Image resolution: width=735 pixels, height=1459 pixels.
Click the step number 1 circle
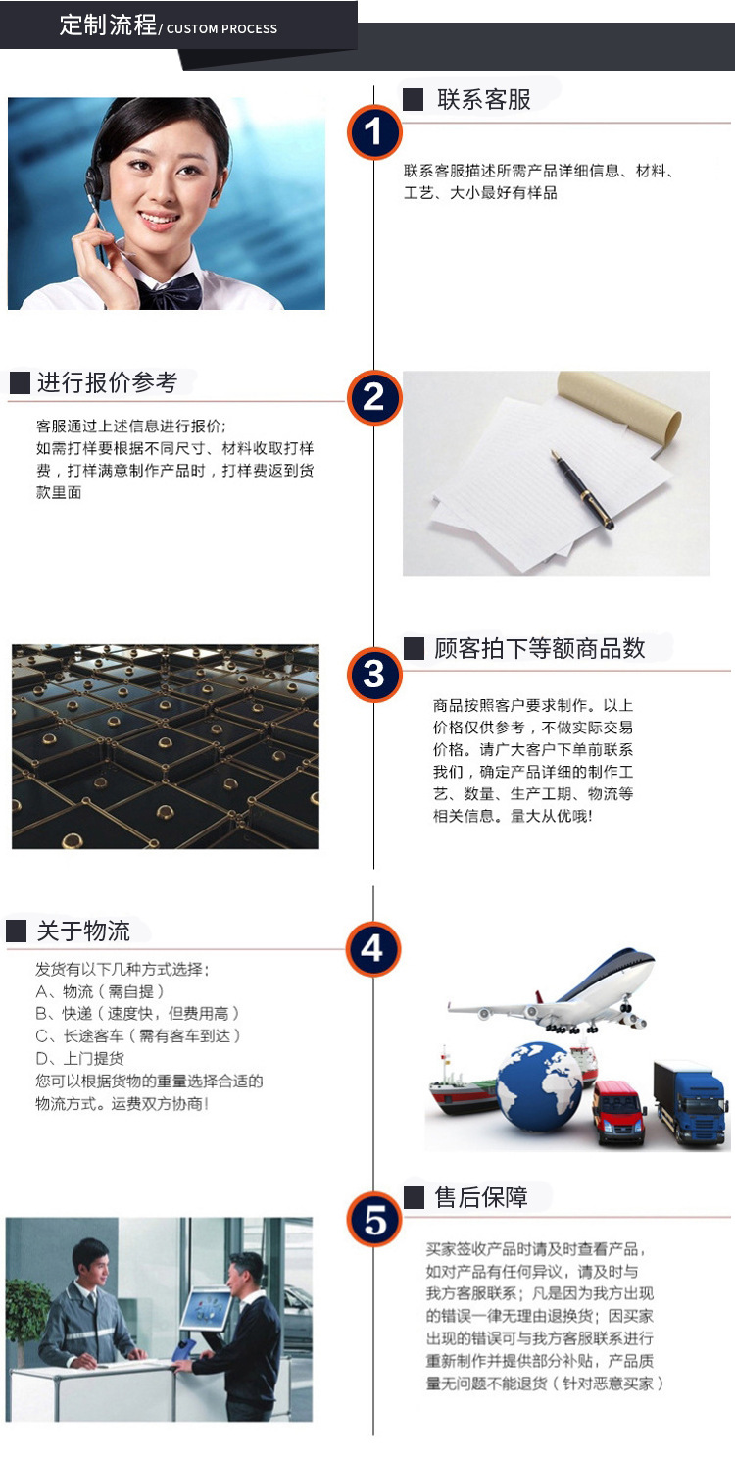click(373, 131)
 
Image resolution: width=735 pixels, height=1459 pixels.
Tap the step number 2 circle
click(373, 397)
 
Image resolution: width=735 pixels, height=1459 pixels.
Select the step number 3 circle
click(373, 675)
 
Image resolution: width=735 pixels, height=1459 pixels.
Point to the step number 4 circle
click(373, 949)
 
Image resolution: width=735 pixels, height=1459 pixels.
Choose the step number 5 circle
click(373, 1220)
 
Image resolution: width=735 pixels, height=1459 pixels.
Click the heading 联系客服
click(484, 100)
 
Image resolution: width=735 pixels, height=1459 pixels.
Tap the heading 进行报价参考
click(108, 382)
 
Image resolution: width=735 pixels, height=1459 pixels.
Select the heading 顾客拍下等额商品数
click(540, 648)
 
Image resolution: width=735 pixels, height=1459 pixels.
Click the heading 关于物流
click(83, 931)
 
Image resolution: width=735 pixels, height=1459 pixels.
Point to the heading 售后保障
click(481, 1197)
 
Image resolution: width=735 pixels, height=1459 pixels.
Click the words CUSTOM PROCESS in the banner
click(222, 29)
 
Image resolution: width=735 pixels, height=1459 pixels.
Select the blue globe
click(540, 1086)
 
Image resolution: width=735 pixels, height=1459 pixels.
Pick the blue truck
click(691, 1101)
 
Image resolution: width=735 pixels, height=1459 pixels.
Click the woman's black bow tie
click(169, 292)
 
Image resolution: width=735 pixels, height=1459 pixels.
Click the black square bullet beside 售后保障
click(414, 1197)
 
